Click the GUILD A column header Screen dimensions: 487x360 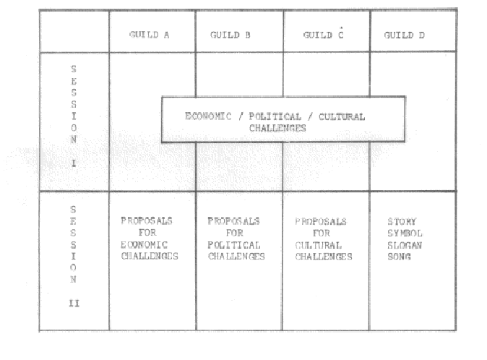pyautogui.click(x=149, y=35)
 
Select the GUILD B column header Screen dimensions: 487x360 pyautogui.click(x=230, y=35)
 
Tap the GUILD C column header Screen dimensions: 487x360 pyautogui.click(x=323, y=35)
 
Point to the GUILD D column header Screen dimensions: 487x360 pyautogui.click(x=404, y=35)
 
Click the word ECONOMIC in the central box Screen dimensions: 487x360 pyautogui.click(x=208, y=116)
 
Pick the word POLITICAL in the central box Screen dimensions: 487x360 pyautogui.click(x=275, y=116)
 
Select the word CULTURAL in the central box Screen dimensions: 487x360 pyautogui.click(x=342, y=117)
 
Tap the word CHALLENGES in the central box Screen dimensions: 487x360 pyautogui.click(x=277, y=128)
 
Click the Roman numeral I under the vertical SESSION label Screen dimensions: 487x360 pyautogui.click(x=74, y=163)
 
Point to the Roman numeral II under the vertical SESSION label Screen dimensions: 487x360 pyautogui.click(x=74, y=303)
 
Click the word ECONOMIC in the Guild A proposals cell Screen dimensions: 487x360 pyautogui.click(x=144, y=245)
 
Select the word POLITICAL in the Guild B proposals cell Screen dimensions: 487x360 pyautogui.click(x=234, y=245)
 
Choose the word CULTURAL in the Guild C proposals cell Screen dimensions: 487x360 pyautogui.click(x=319, y=245)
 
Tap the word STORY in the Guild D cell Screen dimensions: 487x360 pyautogui.click(x=402, y=221)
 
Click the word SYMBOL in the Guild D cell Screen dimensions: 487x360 pyautogui.click(x=405, y=233)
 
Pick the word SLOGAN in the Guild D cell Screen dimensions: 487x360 pyautogui.click(x=405, y=245)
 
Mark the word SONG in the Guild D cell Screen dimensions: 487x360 pyautogui.click(x=399, y=257)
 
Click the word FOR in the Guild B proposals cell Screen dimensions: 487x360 pyautogui.click(x=235, y=233)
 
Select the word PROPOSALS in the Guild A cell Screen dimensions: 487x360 pyautogui.click(x=147, y=220)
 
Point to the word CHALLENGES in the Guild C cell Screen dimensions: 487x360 pyautogui.click(x=324, y=257)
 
